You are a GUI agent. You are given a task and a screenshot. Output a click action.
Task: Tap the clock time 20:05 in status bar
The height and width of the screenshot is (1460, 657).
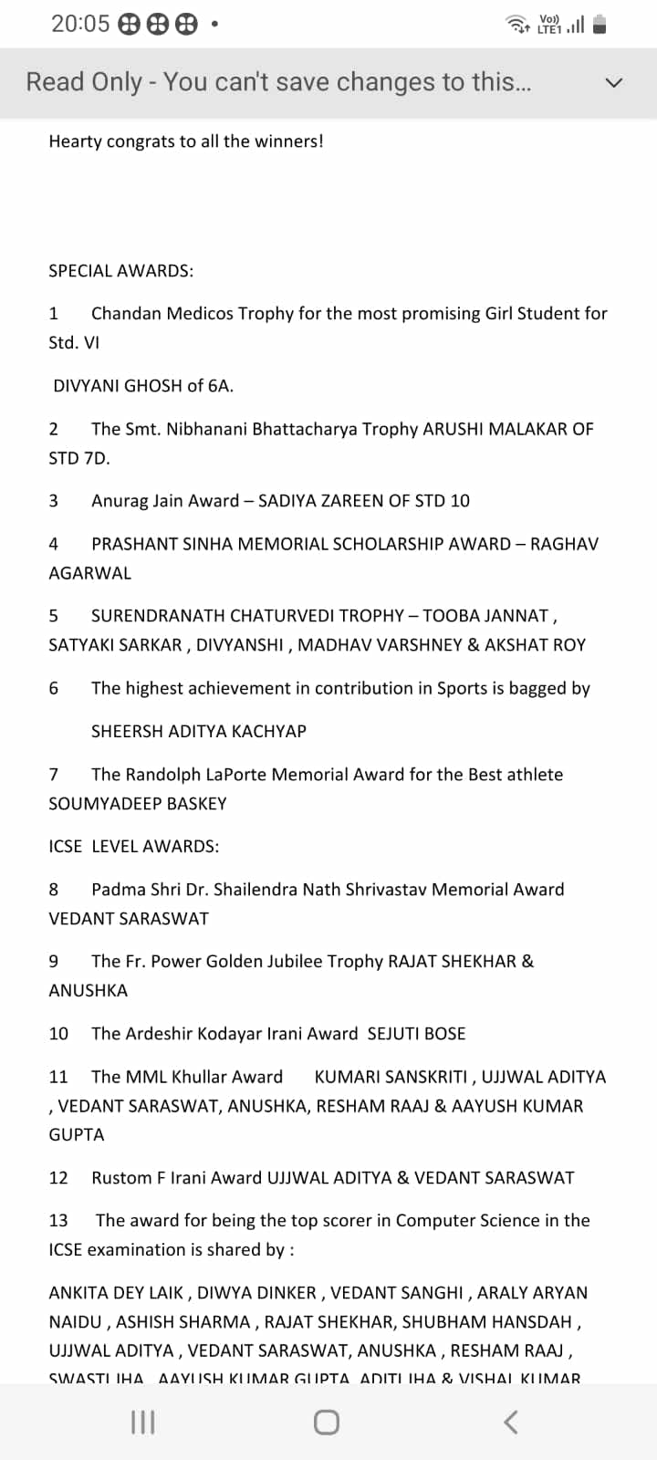pos(79,24)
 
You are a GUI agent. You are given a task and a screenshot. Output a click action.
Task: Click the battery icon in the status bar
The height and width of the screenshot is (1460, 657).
pos(600,25)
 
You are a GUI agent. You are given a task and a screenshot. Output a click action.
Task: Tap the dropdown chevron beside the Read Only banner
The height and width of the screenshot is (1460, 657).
pos(614,83)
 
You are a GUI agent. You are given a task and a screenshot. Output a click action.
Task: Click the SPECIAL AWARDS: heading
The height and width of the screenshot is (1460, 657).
pos(120,271)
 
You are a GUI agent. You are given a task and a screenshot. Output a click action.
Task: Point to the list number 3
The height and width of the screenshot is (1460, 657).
pos(53,501)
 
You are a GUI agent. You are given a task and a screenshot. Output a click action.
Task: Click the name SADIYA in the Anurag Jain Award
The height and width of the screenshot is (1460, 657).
pos(287,501)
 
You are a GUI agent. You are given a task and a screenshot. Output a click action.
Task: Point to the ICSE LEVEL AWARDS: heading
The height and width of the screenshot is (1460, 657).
pos(133,847)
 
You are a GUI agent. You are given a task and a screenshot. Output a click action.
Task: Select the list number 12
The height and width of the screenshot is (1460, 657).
pos(58,1178)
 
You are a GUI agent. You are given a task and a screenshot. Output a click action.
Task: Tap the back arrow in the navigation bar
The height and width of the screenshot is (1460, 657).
pos(511,1422)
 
